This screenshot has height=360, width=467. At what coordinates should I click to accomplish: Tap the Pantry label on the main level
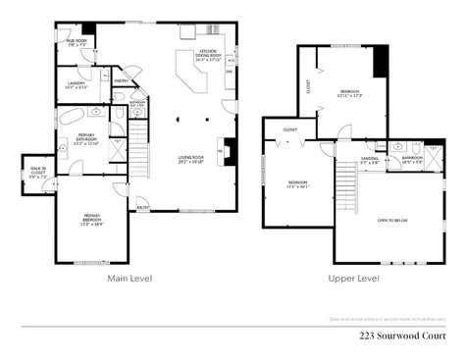click(122, 80)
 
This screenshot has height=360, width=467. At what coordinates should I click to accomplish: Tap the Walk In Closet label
click(36, 175)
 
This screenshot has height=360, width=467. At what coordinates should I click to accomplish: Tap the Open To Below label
click(393, 221)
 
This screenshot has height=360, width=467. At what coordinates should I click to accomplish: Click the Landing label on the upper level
click(369, 159)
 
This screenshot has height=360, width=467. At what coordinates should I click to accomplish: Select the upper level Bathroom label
click(412, 157)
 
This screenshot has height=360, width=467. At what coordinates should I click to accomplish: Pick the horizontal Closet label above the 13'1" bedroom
click(290, 129)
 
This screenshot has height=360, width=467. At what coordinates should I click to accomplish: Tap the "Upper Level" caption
click(354, 279)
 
